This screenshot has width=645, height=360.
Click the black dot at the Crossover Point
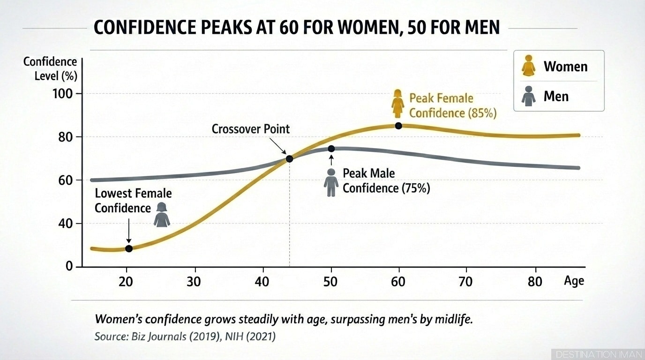[289, 159]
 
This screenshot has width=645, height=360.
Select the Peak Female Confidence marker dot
[398, 126]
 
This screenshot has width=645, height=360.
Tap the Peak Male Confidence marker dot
[331, 149]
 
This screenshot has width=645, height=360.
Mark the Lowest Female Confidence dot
[129, 248]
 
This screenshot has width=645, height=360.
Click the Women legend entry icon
[529, 66]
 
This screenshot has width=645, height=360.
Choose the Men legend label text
[555, 97]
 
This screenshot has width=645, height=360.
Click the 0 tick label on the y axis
[69, 266]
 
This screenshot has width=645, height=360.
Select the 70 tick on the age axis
[466, 281]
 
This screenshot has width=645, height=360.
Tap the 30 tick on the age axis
[194, 281]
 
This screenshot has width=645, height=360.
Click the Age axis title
[574, 281]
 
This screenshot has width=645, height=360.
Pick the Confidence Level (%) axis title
[50, 68]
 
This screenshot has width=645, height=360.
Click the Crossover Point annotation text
[251, 129]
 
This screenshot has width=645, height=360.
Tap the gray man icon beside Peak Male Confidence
[331, 182]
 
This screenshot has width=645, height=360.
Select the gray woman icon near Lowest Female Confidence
[162, 215]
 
